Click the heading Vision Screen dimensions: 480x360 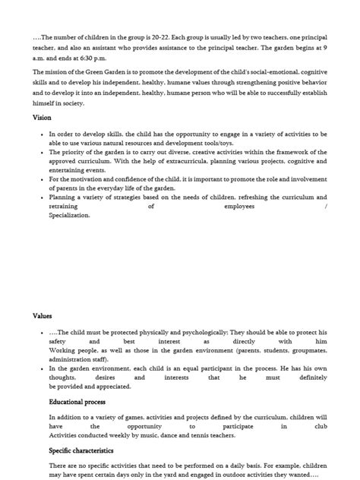coord(43,118)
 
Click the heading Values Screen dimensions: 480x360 coord(43,315)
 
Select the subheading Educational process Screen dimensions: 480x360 coord(77,402)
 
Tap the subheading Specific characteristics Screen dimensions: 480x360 coord(81,450)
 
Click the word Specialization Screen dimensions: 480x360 coord(70,216)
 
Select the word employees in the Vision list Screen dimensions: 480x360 coord(239,207)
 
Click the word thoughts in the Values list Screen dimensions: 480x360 coord(62,377)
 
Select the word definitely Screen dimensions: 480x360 coord(312,377)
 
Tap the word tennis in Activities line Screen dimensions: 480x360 coord(201,436)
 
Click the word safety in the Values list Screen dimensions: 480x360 coord(58,342)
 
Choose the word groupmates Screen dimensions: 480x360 coord(304,350)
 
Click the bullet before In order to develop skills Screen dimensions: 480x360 coord(41,134)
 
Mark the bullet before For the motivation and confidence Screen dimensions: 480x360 coord(41,179)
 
